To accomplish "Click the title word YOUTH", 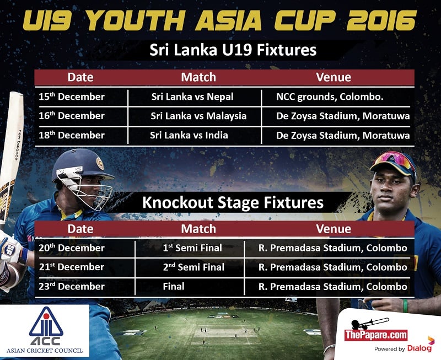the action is pyautogui.click(x=135, y=21).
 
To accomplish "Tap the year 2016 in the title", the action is pyautogui.click(x=381, y=21).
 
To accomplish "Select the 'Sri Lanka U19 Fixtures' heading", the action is pyautogui.click(x=233, y=50).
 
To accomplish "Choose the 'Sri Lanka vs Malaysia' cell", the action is pyautogui.click(x=198, y=116).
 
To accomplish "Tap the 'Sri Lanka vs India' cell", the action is pyautogui.click(x=189, y=135).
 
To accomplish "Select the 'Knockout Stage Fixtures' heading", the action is pyautogui.click(x=233, y=203).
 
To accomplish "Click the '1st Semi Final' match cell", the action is pyautogui.click(x=192, y=248).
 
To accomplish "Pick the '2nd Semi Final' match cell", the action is pyautogui.click(x=193, y=267).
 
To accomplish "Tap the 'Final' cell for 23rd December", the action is pyautogui.click(x=174, y=286).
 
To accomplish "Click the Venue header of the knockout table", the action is pyautogui.click(x=334, y=229).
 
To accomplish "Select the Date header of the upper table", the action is pyautogui.click(x=80, y=77).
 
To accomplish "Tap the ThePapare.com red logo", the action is pyautogui.click(x=376, y=335).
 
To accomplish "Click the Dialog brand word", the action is pyautogui.click(x=420, y=348).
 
